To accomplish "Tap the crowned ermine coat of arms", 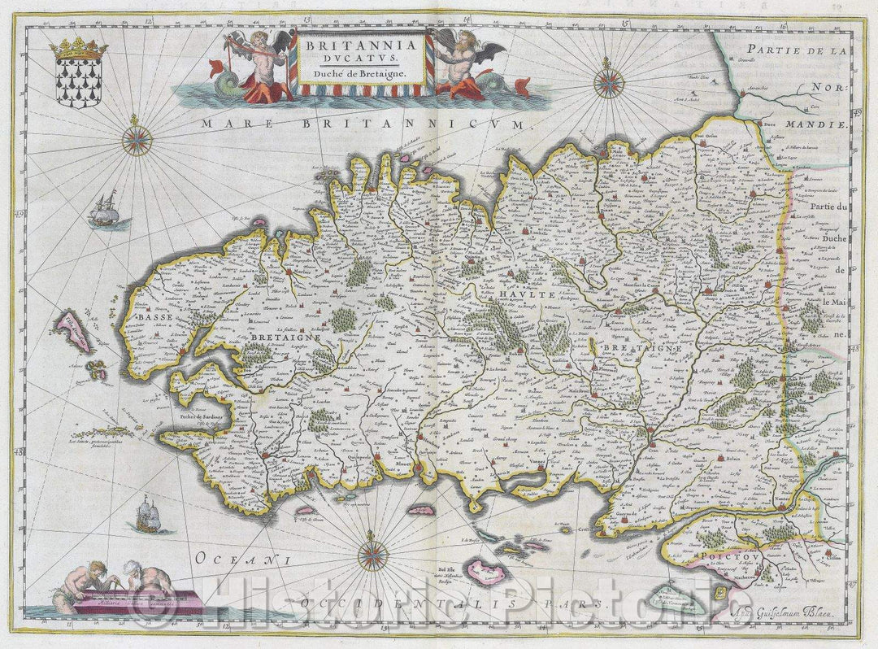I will (x=79, y=73).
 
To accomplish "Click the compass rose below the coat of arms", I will (x=137, y=140).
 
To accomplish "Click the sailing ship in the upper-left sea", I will (x=103, y=211).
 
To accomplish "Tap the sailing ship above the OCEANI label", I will (x=147, y=514).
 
